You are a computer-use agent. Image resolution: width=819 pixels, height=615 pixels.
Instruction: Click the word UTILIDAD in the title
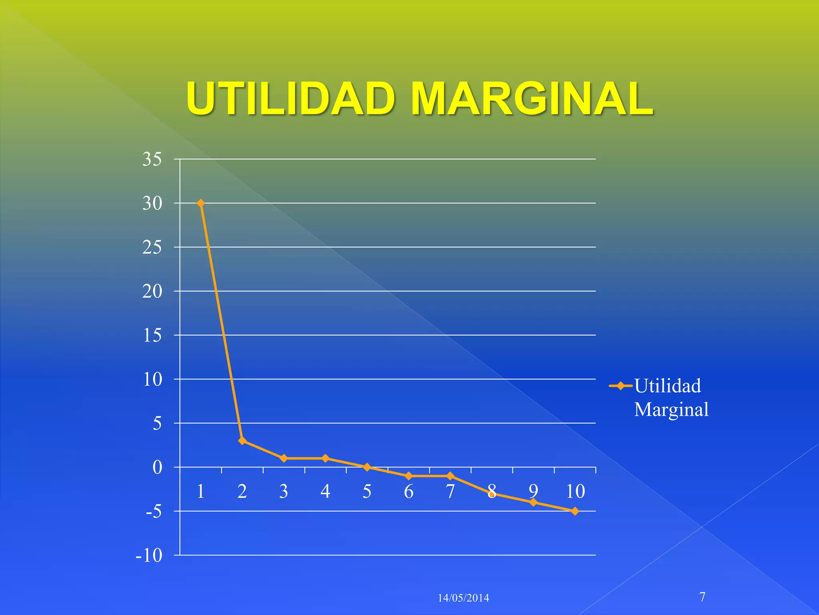291,98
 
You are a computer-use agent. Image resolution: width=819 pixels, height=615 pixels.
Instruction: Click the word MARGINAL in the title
532,98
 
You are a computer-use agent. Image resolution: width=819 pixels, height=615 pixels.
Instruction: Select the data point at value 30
201,203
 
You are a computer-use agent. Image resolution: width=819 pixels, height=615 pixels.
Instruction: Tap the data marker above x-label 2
242,441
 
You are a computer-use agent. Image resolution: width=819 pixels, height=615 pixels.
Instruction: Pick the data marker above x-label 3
284,458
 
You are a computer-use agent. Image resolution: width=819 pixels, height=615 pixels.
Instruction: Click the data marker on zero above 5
367,467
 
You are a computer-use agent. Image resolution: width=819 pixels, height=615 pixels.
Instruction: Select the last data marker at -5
575,511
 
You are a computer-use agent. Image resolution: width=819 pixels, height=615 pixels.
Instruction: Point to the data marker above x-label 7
450,476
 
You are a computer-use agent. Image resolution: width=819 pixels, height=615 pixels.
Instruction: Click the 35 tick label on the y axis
152,159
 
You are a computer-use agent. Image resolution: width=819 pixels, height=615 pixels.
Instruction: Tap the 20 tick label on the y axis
152,291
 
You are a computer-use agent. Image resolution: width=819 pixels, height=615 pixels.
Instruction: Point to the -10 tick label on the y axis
149,555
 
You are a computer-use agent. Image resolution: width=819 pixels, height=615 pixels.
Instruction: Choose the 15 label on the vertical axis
152,336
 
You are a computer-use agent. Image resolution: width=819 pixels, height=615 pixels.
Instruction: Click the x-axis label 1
201,491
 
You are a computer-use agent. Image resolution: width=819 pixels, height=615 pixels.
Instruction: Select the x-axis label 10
575,491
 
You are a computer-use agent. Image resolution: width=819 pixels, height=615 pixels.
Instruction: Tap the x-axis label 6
409,491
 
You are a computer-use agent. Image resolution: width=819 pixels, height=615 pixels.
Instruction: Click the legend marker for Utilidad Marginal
621,386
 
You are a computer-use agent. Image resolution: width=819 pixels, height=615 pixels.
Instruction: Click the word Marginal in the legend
671,410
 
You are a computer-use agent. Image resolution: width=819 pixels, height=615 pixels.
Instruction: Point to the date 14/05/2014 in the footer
463,598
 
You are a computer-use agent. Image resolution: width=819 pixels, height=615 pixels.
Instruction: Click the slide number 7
703,597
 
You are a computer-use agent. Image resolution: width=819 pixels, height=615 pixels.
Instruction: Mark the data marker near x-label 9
533,502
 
